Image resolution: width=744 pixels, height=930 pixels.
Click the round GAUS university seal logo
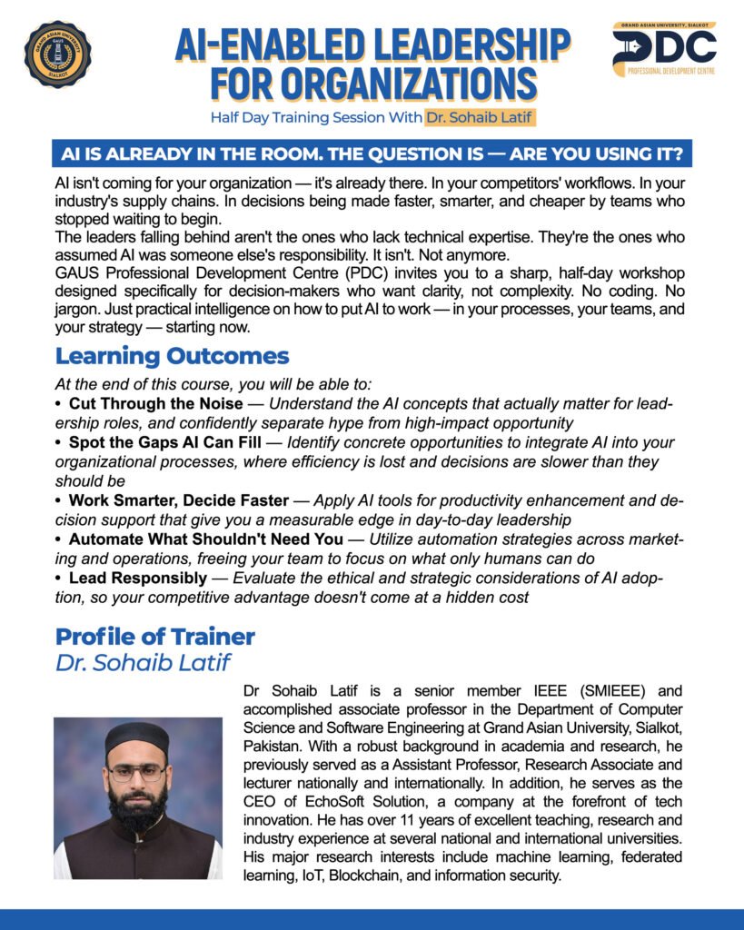click(x=57, y=54)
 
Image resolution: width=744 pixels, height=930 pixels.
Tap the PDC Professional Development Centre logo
click(x=663, y=50)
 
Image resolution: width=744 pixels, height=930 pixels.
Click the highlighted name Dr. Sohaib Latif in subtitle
click(x=479, y=117)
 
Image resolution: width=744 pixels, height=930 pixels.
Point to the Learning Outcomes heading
click(x=172, y=355)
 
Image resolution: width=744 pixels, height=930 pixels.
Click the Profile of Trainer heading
click(x=155, y=636)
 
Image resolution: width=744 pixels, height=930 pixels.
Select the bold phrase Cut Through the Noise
click(x=155, y=402)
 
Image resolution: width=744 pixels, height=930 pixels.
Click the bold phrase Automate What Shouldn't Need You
click(x=205, y=539)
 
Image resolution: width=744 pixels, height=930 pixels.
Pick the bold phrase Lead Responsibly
click(x=137, y=579)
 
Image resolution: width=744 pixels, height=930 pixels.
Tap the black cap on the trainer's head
click(x=136, y=734)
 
